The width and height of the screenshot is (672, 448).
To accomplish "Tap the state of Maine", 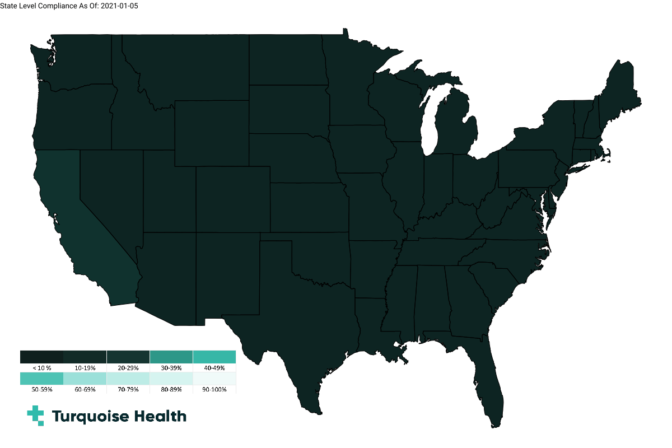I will [619, 92].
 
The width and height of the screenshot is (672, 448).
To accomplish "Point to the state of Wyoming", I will [212, 133].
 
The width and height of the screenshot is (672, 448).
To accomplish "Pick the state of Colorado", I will [233, 199].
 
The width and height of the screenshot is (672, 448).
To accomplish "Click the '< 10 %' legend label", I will [41, 368].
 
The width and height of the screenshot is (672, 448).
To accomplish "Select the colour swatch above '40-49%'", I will [214, 357].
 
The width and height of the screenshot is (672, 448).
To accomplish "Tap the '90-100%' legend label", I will [214, 389].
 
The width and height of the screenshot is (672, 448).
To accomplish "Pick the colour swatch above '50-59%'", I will [41, 379].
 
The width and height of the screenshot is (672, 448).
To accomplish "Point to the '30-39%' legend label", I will [171, 368].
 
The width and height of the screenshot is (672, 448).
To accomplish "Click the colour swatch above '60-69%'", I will [85, 379].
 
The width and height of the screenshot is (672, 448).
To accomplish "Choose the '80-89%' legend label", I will [171, 389].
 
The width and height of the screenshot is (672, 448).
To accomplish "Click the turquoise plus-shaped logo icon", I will [35, 416].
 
